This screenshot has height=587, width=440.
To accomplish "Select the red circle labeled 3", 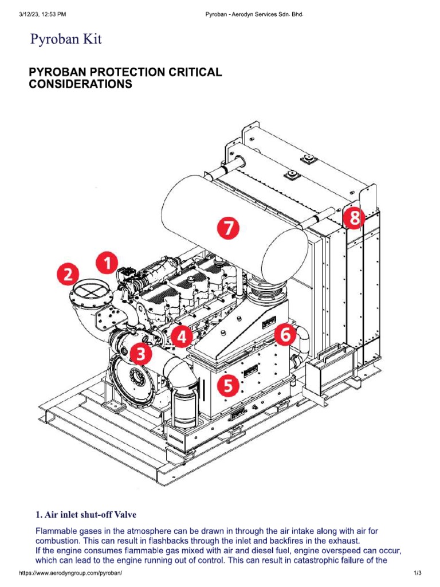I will (140, 354).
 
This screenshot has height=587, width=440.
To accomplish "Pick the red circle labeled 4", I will (182, 337).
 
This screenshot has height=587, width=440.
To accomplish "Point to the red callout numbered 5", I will (228, 386).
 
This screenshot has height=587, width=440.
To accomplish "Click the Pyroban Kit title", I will (65, 40).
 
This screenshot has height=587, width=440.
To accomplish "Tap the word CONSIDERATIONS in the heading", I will (80, 84).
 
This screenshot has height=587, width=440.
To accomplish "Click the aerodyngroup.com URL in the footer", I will (71, 573).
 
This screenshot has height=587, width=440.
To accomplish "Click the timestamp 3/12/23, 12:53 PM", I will (42, 13).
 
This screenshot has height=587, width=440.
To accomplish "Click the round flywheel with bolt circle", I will (136, 378).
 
